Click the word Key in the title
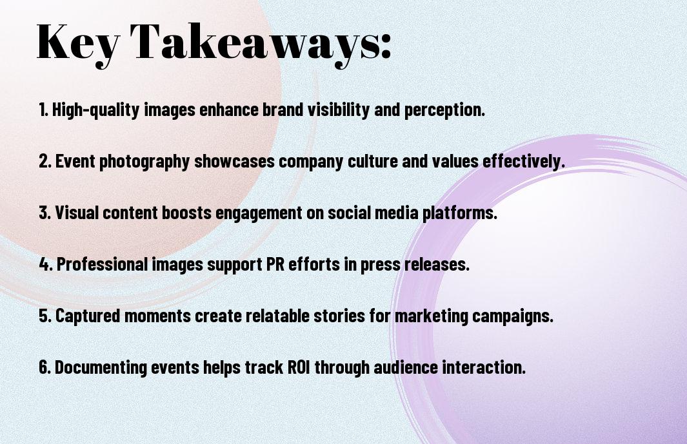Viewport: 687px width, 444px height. (x=78, y=43)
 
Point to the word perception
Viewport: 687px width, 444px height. (x=444, y=110)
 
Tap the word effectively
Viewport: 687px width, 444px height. (x=524, y=160)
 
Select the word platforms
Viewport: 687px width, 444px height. (x=459, y=213)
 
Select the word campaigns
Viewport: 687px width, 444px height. (x=513, y=316)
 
